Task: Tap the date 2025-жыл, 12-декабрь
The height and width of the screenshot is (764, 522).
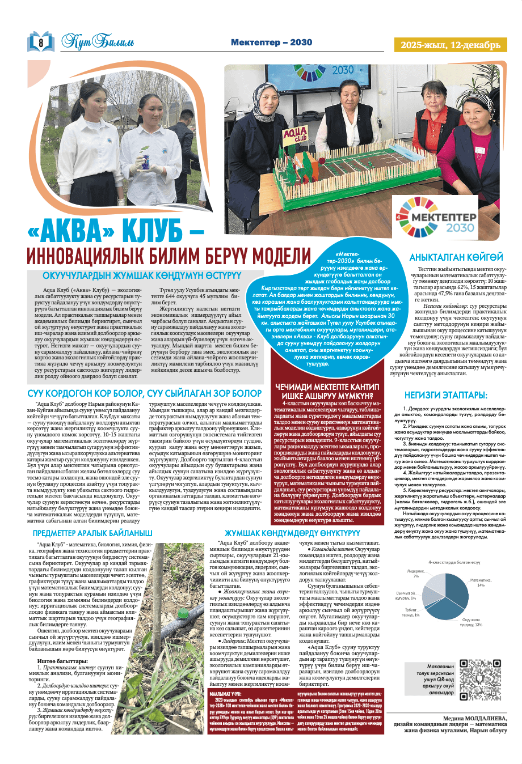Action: tap(451, 45)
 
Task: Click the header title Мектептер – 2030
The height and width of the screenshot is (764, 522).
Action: tap(271, 43)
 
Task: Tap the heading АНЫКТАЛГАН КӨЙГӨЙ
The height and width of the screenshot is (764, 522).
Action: tap(456, 257)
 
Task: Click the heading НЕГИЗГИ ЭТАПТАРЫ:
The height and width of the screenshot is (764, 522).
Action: tap(445, 394)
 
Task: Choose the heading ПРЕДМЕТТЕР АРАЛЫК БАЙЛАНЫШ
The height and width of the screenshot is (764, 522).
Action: tap(92, 533)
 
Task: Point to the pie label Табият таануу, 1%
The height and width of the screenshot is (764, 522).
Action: tap(411, 612)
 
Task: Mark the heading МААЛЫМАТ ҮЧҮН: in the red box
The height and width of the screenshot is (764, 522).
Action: tap(225, 693)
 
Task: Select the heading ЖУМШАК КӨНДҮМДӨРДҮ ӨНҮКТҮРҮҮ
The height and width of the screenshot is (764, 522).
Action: tap(292, 533)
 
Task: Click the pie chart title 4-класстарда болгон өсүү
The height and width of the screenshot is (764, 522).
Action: tap(454, 562)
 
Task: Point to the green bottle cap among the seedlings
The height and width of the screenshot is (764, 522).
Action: tap(183, 613)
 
